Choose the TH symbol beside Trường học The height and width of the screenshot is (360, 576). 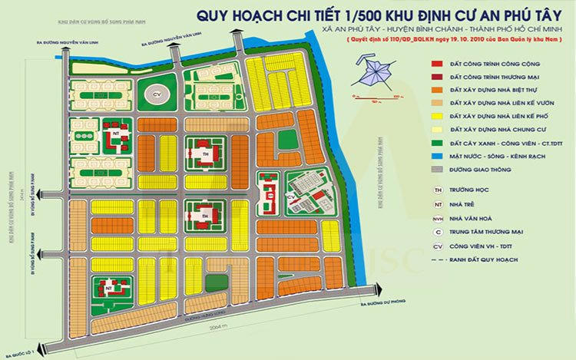tap(437, 191)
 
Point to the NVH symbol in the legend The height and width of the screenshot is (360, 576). tap(437, 219)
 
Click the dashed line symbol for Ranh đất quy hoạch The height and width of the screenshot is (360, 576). tap(437, 261)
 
